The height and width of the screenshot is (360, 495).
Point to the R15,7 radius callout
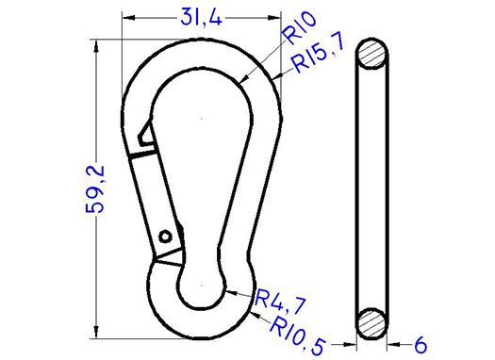(318, 60)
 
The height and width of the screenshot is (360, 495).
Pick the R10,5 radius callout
(301, 328)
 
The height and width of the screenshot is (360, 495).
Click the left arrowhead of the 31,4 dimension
(129, 16)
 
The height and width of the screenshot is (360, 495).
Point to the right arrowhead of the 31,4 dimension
(275, 16)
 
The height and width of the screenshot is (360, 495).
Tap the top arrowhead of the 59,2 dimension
(97, 44)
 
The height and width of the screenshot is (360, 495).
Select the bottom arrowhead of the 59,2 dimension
(97, 330)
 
